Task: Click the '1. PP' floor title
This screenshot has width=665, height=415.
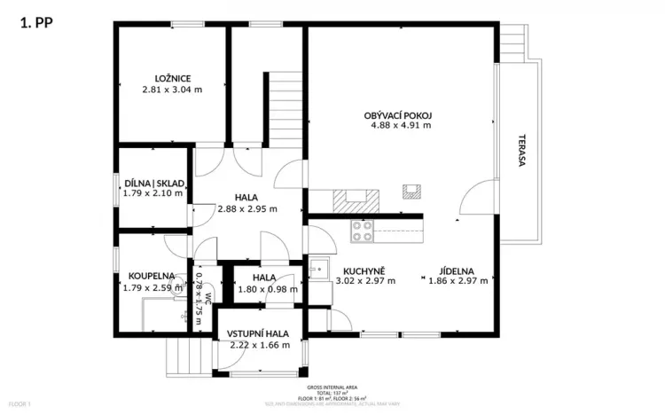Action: (35, 24)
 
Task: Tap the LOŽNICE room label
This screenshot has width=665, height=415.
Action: (172, 77)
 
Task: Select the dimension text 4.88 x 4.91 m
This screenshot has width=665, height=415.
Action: (401, 125)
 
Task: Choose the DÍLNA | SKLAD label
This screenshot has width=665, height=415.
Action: (154, 183)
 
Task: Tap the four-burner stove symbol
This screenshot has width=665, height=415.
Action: (362, 231)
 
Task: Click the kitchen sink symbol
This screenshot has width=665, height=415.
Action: (318, 269)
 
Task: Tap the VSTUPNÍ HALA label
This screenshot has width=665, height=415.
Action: (258, 333)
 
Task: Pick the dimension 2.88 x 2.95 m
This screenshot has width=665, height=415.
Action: (247, 209)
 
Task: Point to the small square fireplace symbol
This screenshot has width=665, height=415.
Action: (411, 192)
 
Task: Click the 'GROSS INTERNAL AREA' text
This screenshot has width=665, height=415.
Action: (332, 388)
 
